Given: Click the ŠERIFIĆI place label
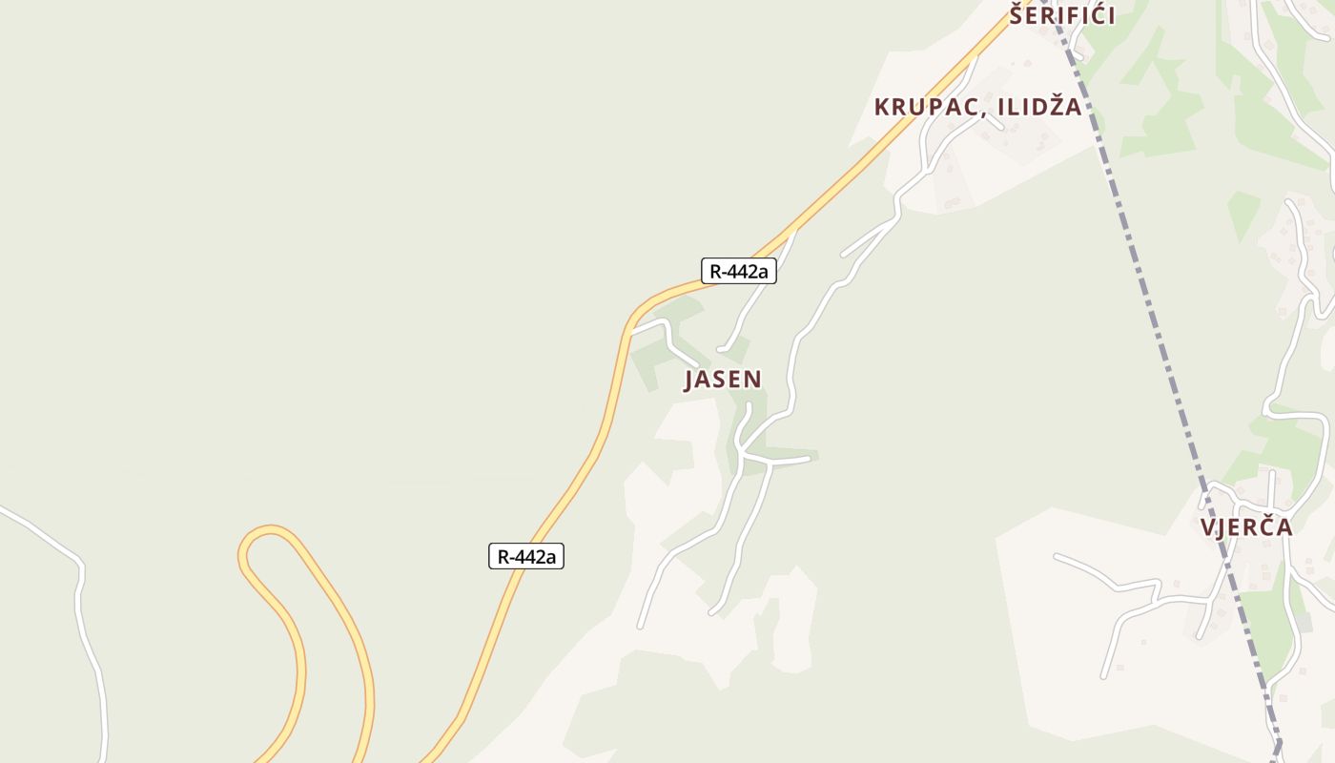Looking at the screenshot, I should (x=1062, y=15).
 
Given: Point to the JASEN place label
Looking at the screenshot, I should (x=723, y=380).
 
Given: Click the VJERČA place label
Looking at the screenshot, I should (x=1246, y=527).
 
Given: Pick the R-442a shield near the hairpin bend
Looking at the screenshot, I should (x=526, y=556).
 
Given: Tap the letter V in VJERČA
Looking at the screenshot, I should (x=1208, y=527).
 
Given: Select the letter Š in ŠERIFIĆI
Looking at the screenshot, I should (x=1018, y=14).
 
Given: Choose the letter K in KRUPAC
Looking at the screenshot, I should (x=882, y=107).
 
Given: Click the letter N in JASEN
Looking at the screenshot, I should (x=753, y=380).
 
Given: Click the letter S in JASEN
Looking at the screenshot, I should (x=722, y=380).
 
